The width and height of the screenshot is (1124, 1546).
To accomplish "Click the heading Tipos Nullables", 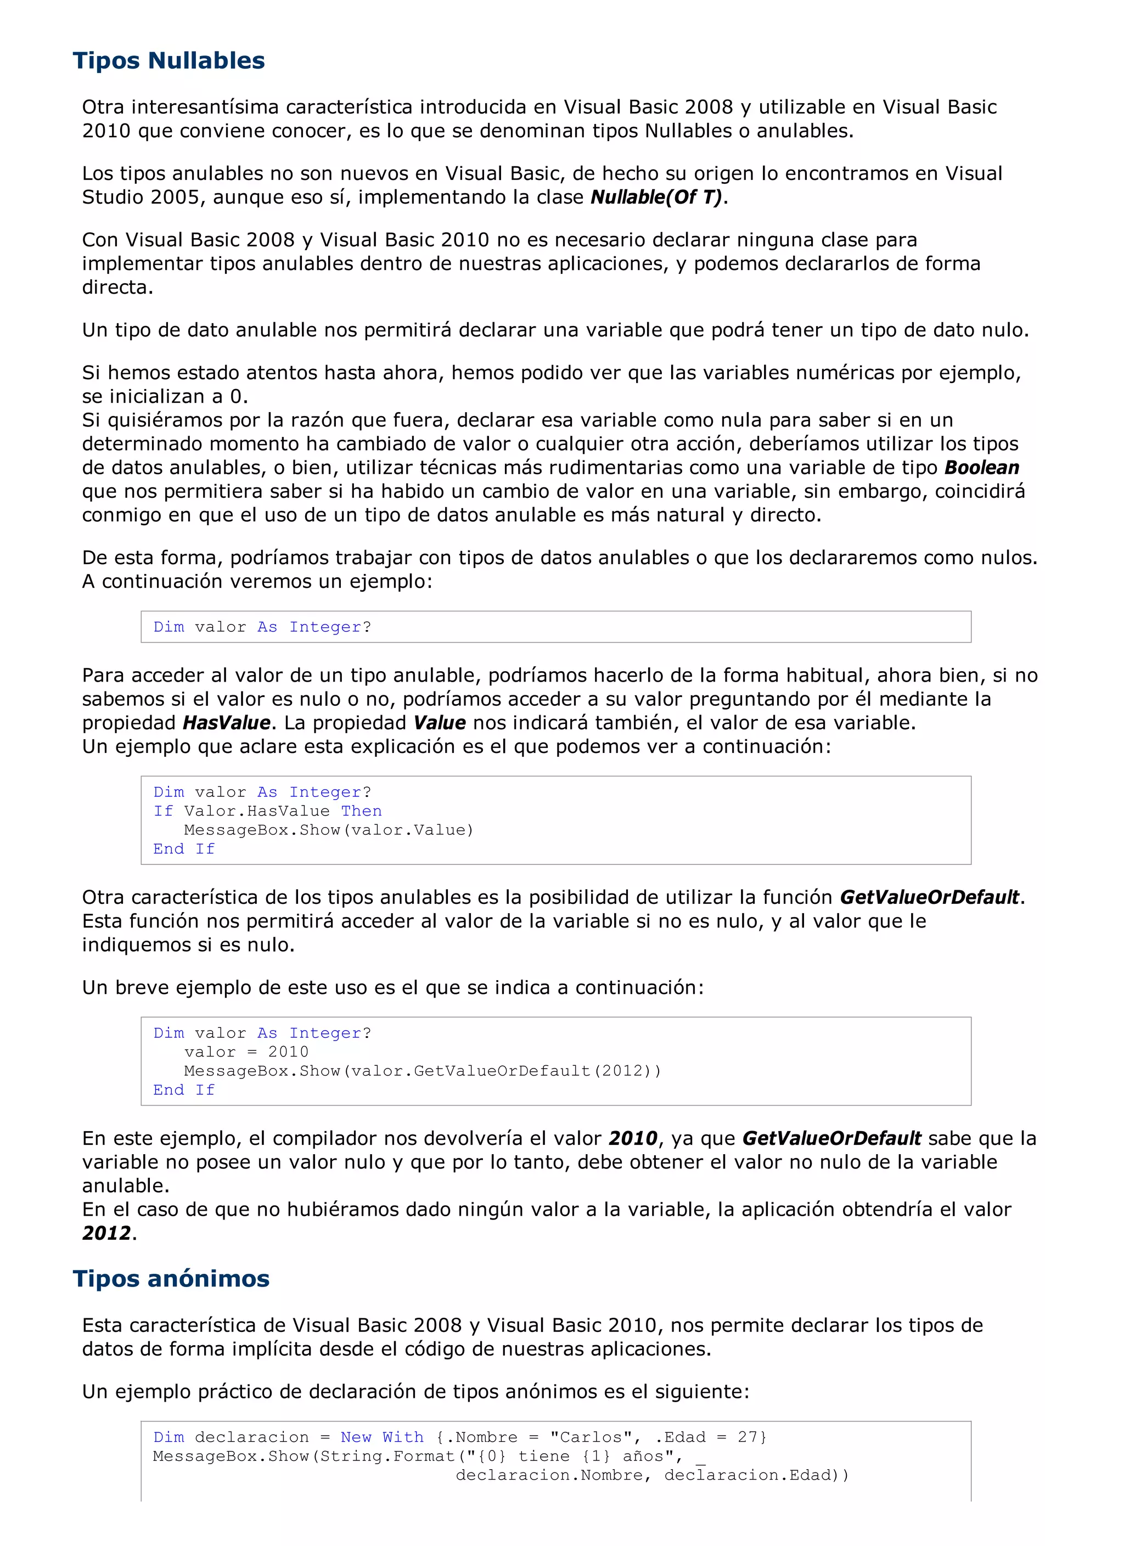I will click(168, 61).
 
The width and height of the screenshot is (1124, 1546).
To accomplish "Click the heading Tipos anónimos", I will click(171, 1279).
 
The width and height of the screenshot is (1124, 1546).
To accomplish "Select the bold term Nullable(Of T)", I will click(656, 197).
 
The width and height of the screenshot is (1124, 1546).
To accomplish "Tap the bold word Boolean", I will click(981, 468).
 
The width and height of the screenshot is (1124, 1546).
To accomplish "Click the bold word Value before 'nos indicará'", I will click(440, 723).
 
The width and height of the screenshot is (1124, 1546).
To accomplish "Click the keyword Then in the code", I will click(361, 811).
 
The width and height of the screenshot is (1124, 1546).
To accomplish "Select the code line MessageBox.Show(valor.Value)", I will click(329, 830).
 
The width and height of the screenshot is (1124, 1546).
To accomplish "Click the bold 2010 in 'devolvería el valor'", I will click(633, 1138).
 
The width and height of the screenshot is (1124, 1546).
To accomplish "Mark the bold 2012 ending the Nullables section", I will click(106, 1233).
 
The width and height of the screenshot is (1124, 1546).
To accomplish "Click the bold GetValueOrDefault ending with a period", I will click(930, 898).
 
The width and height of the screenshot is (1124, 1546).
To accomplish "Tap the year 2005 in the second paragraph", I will click(175, 197).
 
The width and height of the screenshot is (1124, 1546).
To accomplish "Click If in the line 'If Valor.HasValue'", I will click(163, 811).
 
